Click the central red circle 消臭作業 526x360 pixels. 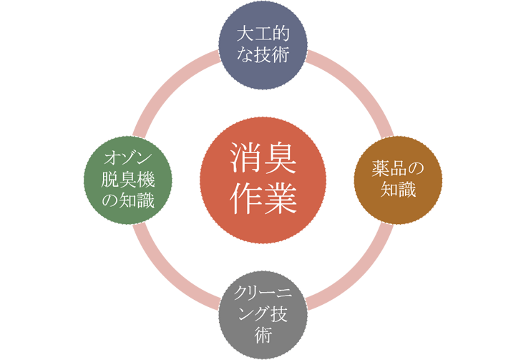pyautogui.click(x=263, y=180)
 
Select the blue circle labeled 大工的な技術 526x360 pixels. pyautogui.click(x=263, y=45)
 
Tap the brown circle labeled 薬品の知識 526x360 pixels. pyautogui.click(x=398, y=180)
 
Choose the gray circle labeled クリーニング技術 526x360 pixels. pyautogui.click(x=263, y=315)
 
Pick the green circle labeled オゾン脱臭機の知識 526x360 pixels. pyautogui.click(x=128, y=180)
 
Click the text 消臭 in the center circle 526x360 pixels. pyautogui.click(x=263, y=158)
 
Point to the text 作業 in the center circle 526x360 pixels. pyautogui.click(x=263, y=198)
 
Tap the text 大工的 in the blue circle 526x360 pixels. pyautogui.click(x=263, y=34)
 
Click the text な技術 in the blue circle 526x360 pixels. pyautogui.click(x=263, y=54)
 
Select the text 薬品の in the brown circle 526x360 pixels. pyautogui.click(x=398, y=169)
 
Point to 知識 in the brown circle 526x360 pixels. pyautogui.click(x=398, y=190)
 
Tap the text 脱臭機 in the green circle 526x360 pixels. pyautogui.click(x=128, y=180)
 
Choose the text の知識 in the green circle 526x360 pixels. pyautogui.click(x=128, y=200)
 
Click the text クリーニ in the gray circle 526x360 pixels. pyautogui.click(x=263, y=294)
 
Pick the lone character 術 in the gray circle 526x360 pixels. pyautogui.click(x=263, y=336)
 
